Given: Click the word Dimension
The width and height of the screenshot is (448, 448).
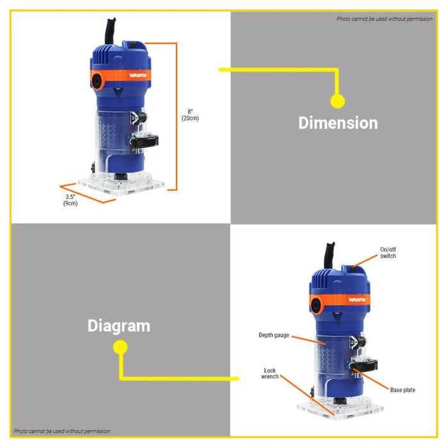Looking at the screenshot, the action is point(338,123).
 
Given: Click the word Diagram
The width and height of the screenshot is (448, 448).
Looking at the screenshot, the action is point(119,326).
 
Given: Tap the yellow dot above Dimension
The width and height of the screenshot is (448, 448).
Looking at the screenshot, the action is point(338,101).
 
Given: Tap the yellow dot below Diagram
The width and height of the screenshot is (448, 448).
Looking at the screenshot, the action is point(120,347).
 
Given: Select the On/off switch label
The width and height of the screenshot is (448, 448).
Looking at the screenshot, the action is point(388,253).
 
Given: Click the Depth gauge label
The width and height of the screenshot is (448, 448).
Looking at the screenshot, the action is point(274,335).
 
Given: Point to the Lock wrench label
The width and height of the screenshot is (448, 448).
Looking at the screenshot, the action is point(269,373).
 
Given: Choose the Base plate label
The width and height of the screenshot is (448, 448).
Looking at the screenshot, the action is point(403,390).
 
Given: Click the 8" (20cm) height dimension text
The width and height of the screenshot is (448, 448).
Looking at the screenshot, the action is point(190,115).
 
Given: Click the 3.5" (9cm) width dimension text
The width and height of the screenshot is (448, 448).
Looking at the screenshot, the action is point(70,200).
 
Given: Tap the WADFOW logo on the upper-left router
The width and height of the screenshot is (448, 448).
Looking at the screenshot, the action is point(138,76).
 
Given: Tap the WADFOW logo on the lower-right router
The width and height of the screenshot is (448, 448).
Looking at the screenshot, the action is point(357,300).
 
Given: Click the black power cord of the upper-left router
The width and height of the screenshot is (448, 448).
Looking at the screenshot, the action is point(110,31).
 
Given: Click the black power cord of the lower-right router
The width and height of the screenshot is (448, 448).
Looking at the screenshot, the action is point(329,255).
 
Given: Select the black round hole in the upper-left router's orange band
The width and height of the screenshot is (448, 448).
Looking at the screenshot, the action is point(97,81).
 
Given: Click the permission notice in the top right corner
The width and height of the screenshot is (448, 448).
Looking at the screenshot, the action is point(384,19).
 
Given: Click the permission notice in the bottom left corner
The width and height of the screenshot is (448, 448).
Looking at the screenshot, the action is point(61,431).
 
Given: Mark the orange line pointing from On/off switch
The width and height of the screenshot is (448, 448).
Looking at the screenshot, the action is point(365,260).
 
